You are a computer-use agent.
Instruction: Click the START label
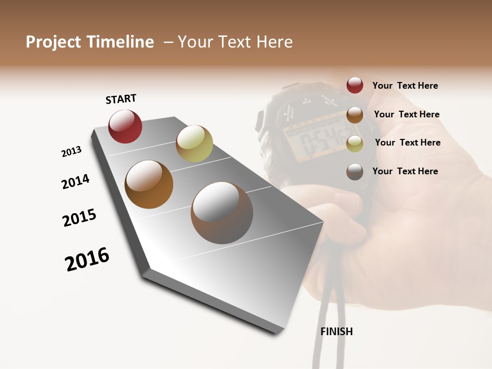pos(121,99)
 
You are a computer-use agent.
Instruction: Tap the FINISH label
pos(337,332)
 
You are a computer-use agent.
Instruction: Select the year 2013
pos(71,152)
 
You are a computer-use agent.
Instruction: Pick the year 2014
pos(75,181)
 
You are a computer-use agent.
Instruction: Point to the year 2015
pos(79,218)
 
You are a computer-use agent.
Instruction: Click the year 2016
pos(87,259)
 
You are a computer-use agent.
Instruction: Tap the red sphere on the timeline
pos(125,127)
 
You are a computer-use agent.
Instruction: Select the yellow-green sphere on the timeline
pos(194,143)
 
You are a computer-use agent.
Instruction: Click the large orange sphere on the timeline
pos(149,184)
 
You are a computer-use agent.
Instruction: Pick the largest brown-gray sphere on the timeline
pos(222,213)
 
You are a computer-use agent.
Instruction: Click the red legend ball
pos(355,85)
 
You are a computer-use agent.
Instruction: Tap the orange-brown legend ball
pos(355,115)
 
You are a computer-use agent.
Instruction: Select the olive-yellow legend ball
pos(355,143)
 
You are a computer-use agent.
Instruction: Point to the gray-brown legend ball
pos(355,172)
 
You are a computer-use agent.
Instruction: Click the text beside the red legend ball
pos(405,86)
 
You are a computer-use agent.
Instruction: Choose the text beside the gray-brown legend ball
pos(405,171)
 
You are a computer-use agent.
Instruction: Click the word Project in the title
pos(53,42)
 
